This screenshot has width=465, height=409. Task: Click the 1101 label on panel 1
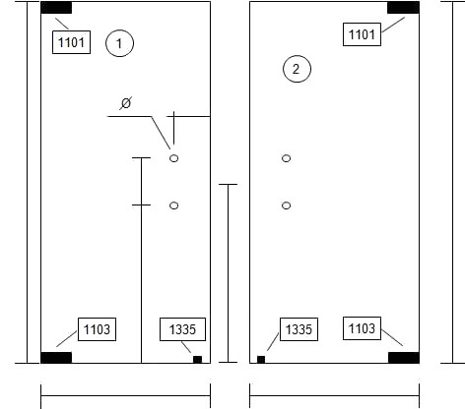point(71,42)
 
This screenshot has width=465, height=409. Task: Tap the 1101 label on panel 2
point(362,34)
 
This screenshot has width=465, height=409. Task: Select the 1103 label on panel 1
point(97,329)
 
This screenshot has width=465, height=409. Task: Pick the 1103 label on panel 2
point(362,328)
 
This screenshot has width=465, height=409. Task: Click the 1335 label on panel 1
point(182,329)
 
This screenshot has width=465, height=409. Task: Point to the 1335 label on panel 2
point(299,329)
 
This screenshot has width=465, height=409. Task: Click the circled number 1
point(119,43)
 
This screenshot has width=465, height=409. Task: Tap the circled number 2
point(297,69)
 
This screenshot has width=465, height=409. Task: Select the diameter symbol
point(126,103)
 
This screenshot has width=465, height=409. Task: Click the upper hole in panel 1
point(174,158)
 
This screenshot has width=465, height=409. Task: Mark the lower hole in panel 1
point(174,205)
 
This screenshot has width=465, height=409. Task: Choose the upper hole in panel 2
point(287,158)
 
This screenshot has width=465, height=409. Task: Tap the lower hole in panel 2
point(287,205)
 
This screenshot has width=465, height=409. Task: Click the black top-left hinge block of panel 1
point(56,8)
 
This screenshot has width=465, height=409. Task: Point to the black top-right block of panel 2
point(403,8)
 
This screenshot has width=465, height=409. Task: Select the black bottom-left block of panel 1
point(56,358)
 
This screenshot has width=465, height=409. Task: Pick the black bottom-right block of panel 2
point(404,358)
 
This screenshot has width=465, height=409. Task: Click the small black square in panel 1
point(197,360)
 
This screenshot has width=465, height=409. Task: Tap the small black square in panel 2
point(261,360)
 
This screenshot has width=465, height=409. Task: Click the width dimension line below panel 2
point(334,395)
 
